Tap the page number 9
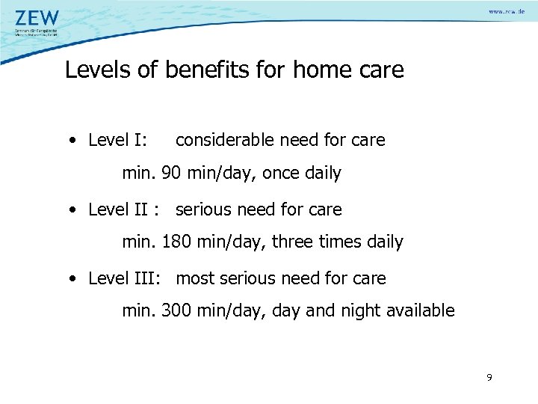pos(489,378)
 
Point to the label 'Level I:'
pos(117,140)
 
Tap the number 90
pos(170,174)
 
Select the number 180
pos(176,242)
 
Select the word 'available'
pos(419,310)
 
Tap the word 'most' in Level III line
pos(195,278)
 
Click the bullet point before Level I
pos(71,141)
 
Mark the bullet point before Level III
pos(71,279)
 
